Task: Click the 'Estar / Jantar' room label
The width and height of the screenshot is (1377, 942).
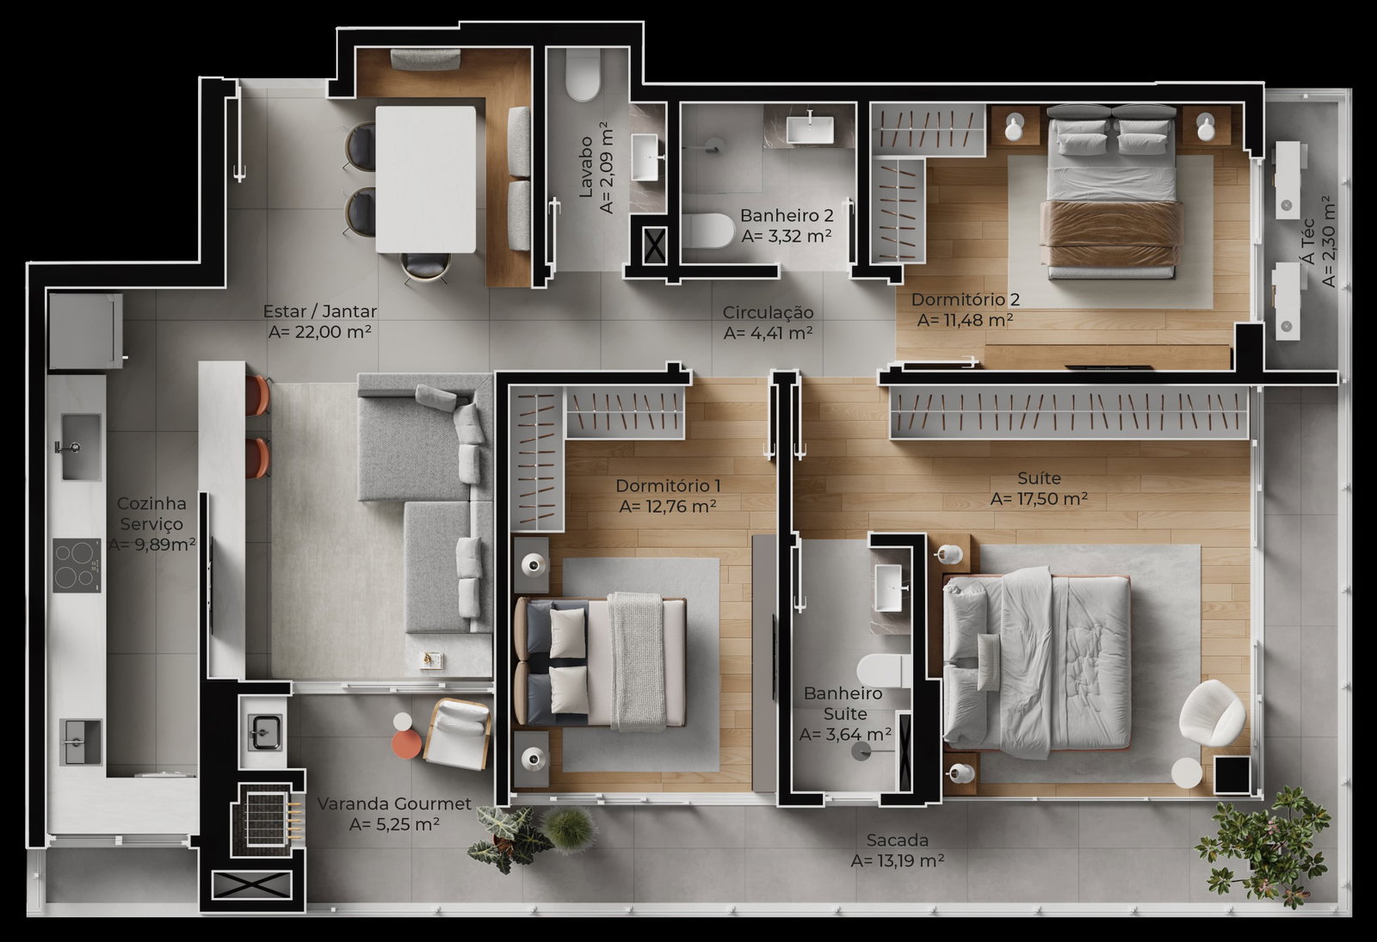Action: coord(319,311)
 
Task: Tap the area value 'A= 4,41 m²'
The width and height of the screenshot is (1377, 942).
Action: coord(768,333)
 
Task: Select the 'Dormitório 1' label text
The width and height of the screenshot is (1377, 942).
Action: coord(668,485)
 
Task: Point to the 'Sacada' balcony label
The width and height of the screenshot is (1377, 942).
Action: coord(898,840)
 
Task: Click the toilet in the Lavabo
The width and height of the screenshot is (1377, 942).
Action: coord(583,75)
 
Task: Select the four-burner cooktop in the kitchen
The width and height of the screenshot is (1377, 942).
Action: coord(77,565)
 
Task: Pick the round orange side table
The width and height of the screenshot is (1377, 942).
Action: coord(406,745)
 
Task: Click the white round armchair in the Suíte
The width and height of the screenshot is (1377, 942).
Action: coord(1212,713)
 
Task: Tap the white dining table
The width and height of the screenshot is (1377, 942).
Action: coord(425,180)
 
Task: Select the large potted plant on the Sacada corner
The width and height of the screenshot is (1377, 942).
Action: coord(1264,847)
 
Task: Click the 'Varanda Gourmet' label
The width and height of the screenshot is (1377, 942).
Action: coord(394,803)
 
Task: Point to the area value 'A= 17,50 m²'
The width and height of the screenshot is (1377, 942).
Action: coord(1039,499)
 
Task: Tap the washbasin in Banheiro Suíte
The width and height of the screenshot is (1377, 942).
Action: coord(889,588)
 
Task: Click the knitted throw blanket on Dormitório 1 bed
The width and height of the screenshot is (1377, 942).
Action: coord(638,662)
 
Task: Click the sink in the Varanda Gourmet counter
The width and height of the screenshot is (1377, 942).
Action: coord(265,732)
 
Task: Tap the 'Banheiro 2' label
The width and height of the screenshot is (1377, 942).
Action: coord(787,215)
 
